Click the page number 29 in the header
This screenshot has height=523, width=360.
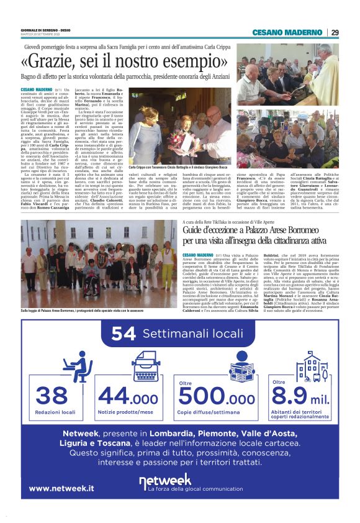point(335,32)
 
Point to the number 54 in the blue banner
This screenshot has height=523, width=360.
point(124,334)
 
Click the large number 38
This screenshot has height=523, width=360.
point(52,395)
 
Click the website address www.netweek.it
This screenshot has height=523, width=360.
point(61,488)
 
